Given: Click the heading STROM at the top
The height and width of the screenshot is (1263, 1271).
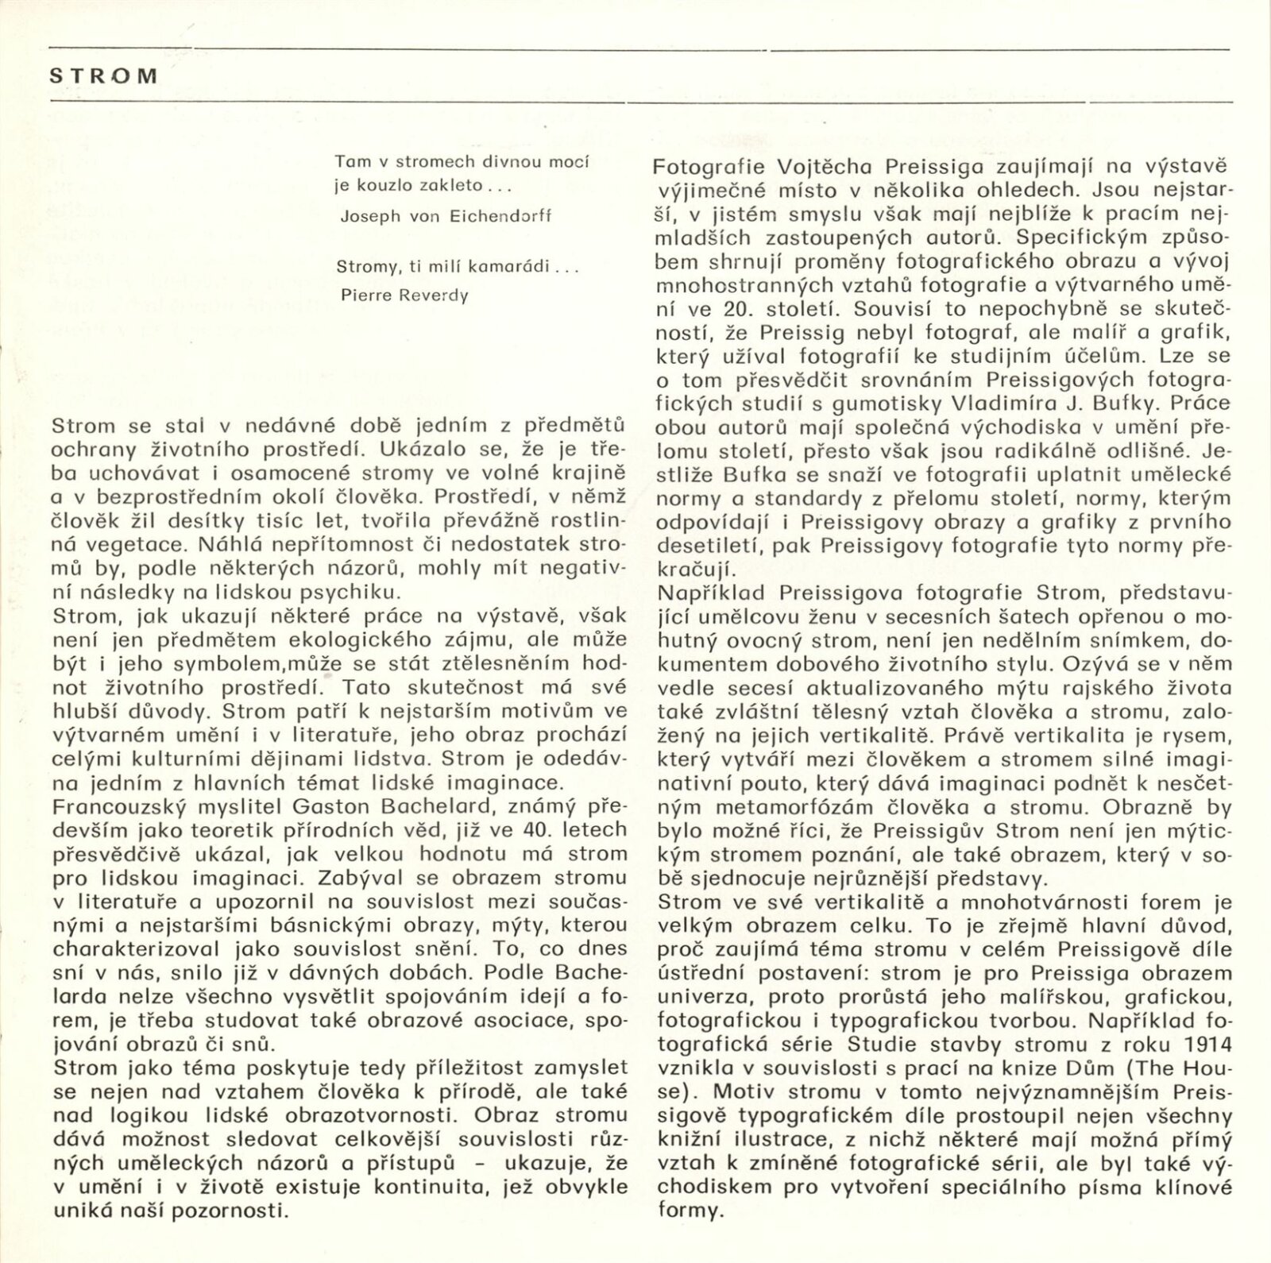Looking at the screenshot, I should click(x=103, y=76).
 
